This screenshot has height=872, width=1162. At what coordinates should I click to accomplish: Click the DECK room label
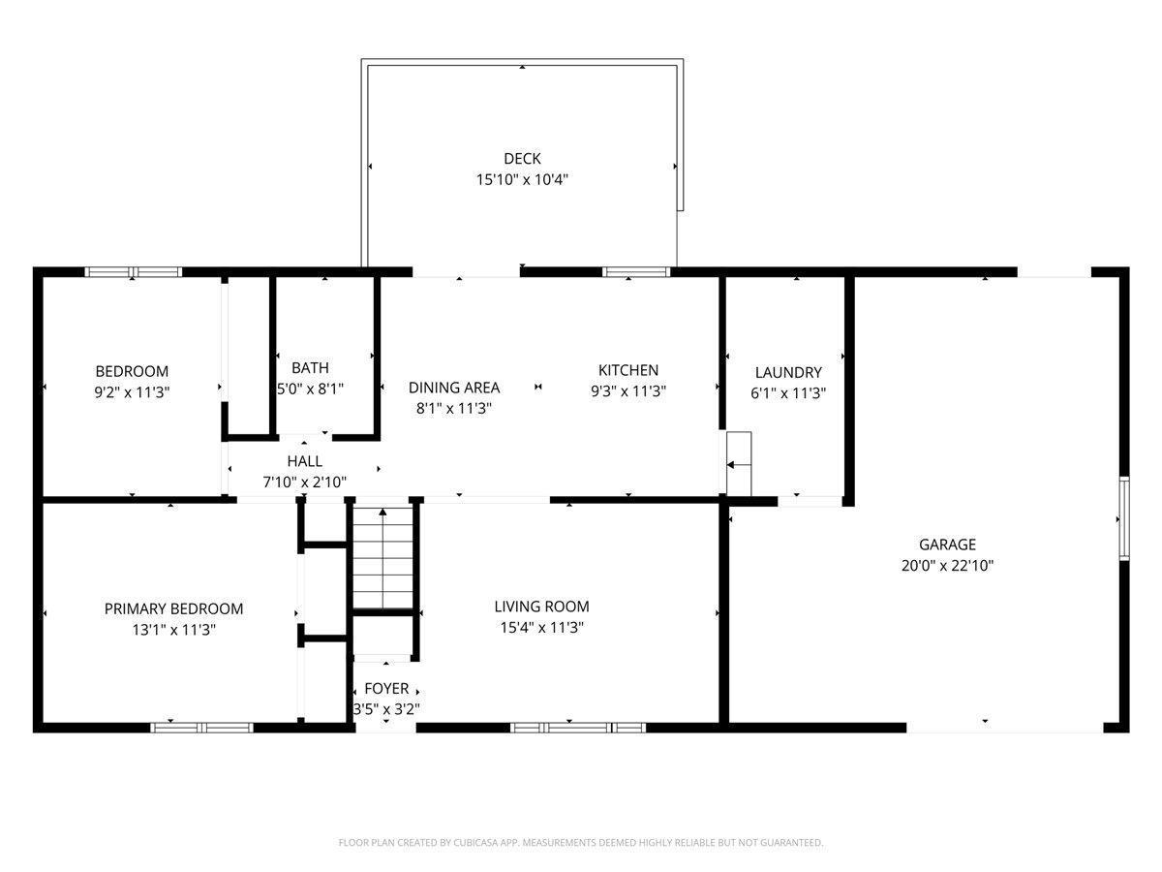tap(522, 158)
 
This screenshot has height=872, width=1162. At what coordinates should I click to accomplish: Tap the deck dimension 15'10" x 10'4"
tap(522, 179)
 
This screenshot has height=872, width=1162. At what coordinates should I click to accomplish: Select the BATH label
tap(310, 367)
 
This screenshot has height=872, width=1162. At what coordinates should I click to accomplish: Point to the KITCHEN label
tap(627, 370)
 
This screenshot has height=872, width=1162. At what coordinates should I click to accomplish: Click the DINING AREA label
tap(454, 388)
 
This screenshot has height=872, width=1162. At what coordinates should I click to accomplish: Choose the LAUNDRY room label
tap(788, 372)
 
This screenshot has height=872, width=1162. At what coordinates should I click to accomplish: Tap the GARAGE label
tap(947, 545)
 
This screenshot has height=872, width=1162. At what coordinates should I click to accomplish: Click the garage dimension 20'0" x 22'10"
tap(947, 566)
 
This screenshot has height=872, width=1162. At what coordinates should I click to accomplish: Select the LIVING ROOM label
tap(541, 607)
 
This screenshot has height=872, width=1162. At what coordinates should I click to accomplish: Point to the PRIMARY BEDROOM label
tap(173, 608)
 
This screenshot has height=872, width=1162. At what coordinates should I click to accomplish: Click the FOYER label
tap(386, 689)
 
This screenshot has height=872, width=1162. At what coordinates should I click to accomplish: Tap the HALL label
tap(304, 461)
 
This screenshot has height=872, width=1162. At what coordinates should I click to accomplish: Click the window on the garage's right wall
tap(1123, 517)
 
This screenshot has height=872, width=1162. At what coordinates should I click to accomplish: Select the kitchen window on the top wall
tap(636, 272)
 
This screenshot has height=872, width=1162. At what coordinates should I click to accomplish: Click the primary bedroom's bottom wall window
tap(201, 727)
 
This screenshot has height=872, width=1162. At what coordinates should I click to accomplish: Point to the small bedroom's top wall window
tap(134, 272)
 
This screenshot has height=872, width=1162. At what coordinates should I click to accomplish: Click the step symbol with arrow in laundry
tap(740, 464)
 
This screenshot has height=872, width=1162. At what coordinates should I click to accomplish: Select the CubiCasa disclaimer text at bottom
tap(580, 843)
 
